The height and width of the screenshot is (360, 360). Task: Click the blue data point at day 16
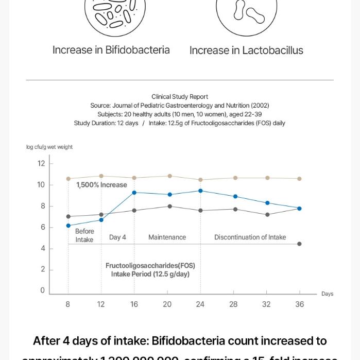click(134, 193)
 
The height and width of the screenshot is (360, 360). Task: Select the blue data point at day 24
click(200, 191)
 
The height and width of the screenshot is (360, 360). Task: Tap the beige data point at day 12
click(101, 176)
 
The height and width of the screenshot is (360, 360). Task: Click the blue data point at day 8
click(68, 226)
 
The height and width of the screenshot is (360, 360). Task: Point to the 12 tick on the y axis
click(41, 164)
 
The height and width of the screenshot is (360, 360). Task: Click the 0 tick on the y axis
click(43, 290)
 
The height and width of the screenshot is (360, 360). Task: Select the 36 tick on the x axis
click(299, 304)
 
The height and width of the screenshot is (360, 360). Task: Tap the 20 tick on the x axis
click(167, 304)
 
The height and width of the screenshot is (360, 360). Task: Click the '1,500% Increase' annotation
click(101, 185)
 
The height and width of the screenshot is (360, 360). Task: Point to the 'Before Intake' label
click(84, 235)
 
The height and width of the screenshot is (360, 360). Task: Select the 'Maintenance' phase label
click(167, 237)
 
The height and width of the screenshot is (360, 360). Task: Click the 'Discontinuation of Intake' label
click(250, 237)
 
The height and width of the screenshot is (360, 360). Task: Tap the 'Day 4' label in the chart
click(117, 237)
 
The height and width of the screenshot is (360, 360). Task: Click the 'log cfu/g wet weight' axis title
click(49, 147)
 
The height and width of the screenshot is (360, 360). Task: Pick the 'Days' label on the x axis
click(327, 294)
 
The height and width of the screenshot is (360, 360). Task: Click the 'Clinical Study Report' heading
click(180, 96)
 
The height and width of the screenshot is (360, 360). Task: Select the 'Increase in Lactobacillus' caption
click(246, 50)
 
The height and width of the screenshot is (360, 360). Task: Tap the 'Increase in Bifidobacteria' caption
click(111, 50)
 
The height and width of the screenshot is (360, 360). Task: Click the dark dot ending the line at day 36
click(299, 244)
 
